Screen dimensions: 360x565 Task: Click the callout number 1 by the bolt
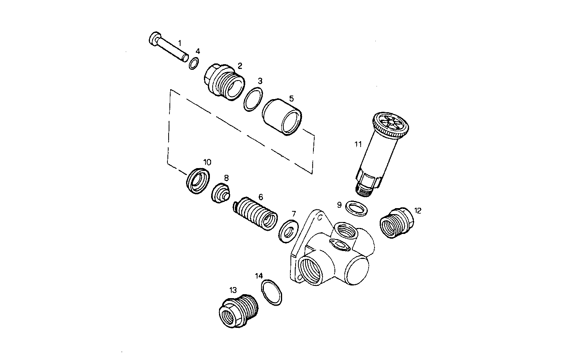pyautogui.click(x=179, y=42)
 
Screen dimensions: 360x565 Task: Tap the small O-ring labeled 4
pyautogui.click(x=193, y=63)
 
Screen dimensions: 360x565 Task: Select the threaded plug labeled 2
pyautogui.click(x=223, y=82)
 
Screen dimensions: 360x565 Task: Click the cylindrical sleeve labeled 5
pyautogui.click(x=282, y=117)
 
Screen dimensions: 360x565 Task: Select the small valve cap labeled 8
pyautogui.click(x=220, y=193)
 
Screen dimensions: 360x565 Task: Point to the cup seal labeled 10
pyautogui.click(x=198, y=181)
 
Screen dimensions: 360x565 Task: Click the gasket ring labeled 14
pyautogui.click(x=272, y=292)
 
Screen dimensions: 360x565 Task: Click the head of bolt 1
pyautogui.click(x=154, y=38)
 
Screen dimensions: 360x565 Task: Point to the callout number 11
pyautogui.click(x=358, y=144)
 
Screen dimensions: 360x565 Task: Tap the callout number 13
pyautogui.click(x=233, y=290)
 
